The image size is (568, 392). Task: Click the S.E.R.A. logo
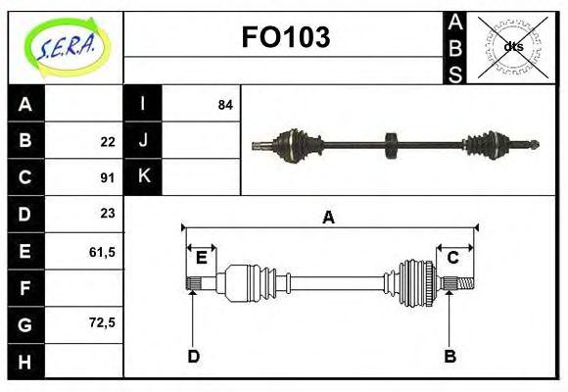(x=66, y=47)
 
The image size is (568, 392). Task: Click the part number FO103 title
(x=285, y=37)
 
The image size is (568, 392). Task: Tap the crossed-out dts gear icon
(x=511, y=46)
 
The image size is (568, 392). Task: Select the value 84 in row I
(x=225, y=104)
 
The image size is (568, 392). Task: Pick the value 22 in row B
(x=108, y=141)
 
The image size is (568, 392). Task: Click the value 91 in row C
(x=108, y=178)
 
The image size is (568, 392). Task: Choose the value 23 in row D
(x=108, y=213)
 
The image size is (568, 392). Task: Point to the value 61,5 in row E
(x=102, y=251)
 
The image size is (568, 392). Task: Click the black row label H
(x=25, y=362)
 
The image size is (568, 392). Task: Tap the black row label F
(x=25, y=288)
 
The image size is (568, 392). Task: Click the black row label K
(x=143, y=176)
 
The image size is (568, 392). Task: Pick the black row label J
(x=143, y=140)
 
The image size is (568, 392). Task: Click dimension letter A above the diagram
(x=328, y=218)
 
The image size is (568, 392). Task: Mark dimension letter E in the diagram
(x=201, y=258)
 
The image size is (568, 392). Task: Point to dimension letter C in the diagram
(x=453, y=258)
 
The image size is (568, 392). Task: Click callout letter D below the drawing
(x=193, y=356)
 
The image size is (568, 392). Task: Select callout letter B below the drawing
(x=450, y=356)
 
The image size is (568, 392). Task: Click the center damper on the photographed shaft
(x=391, y=146)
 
